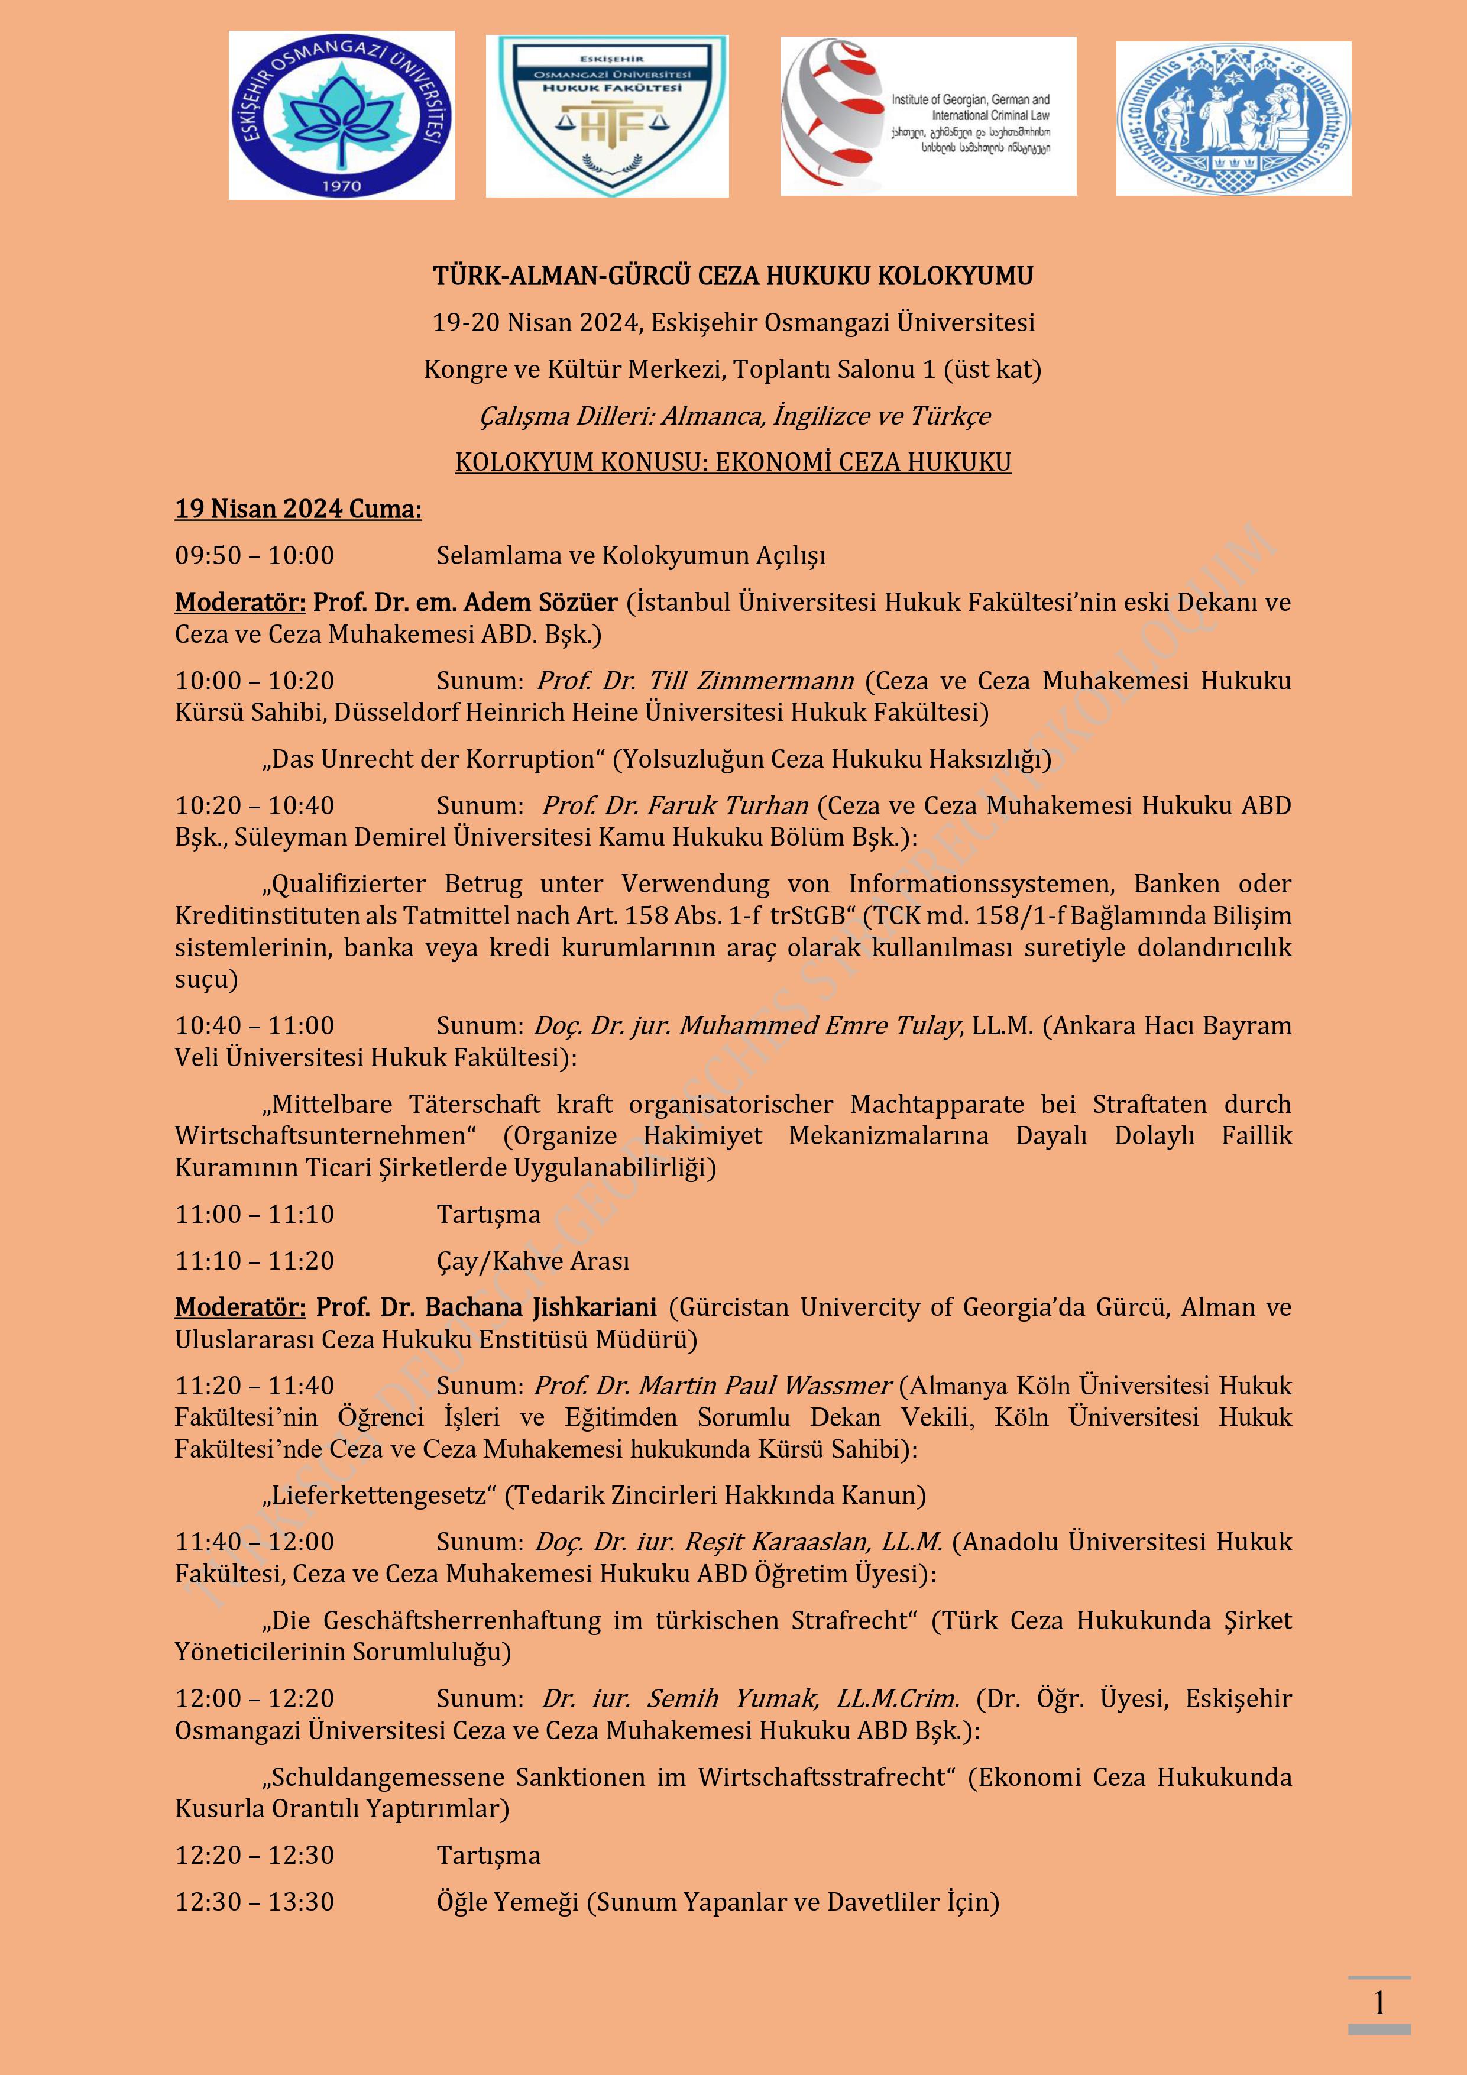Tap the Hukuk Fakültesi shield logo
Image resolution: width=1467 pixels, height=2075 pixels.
(x=607, y=116)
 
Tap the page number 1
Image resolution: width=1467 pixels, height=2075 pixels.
(x=1378, y=2003)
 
